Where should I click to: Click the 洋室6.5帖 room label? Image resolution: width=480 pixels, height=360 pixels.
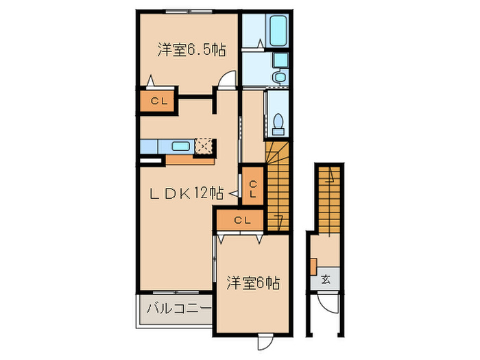[191, 50]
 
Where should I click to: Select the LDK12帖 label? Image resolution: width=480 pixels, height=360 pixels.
[187, 194]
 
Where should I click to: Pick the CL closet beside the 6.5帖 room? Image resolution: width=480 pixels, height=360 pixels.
[158, 101]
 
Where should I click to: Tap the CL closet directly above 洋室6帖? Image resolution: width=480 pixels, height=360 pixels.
[240, 220]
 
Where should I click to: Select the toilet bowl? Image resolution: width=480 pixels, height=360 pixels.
[278, 123]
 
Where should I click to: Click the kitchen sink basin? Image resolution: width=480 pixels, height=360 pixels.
[181, 146]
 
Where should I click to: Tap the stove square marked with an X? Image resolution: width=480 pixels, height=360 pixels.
[204, 146]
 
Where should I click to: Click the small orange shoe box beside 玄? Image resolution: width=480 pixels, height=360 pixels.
[313, 265]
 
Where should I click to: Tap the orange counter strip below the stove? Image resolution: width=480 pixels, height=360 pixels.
[189, 160]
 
